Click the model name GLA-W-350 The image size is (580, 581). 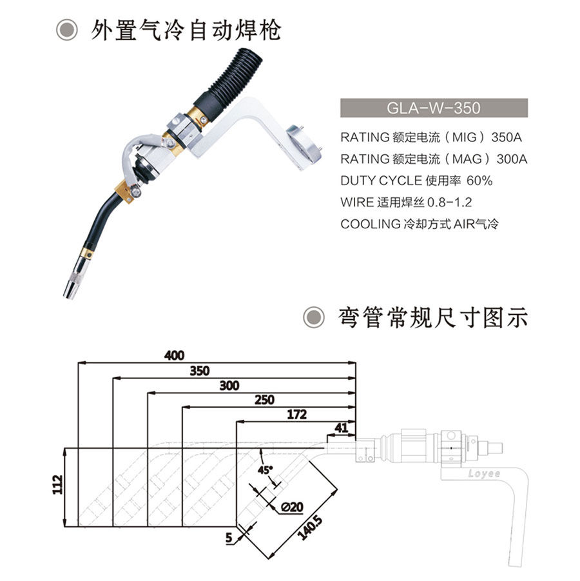point(433,108)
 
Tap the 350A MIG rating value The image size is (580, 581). point(507,137)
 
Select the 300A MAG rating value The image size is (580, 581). point(512,159)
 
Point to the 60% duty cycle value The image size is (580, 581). point(479,181)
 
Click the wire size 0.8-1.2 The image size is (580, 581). point(450,202)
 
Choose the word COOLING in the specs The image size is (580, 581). point(370,224)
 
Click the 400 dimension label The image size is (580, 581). point(174,356)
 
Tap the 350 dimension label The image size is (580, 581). point(200,371)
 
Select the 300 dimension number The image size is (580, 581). point(229,386)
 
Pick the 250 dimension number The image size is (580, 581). point(264,400)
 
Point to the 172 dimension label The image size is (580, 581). point(296,415)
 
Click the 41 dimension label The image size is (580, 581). point(341,428)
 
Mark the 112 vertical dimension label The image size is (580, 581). point(57,484)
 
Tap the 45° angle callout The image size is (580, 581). point(265,470)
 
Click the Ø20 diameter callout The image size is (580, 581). point(292,507)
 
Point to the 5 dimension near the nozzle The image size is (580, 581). point(229,538)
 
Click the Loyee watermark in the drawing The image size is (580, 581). point(484,474)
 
